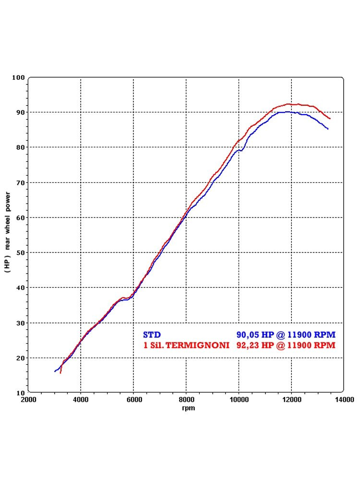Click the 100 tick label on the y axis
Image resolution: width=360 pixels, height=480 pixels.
pos(18,77)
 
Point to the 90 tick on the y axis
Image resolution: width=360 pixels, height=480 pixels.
pos(20,112)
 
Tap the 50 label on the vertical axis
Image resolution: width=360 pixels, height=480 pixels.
pos(20,252)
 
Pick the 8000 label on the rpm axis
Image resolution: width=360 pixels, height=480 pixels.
pos(186,399)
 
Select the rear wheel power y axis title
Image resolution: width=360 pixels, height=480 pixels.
pos(8,232)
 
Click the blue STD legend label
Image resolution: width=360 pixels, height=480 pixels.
pos(152,335)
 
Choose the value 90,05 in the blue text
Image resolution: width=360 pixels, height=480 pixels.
pos(248,335)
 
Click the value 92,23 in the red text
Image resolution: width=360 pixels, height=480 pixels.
pos(248,345)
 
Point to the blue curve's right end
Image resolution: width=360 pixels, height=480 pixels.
pos(328,129)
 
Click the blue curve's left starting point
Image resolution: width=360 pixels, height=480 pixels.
pos(55,371)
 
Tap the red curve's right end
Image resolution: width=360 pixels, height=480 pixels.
pos(330,118)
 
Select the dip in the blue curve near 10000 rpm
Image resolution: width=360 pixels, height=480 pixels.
pos(241,150)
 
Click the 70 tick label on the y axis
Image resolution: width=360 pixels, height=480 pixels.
pos(20,182)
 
